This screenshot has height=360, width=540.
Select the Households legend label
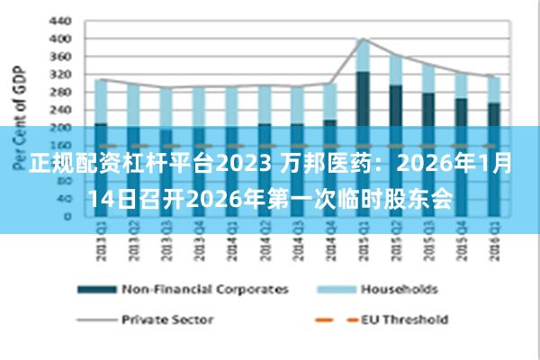[x=399, y=290]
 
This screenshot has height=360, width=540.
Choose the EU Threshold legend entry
[x=404, y=319]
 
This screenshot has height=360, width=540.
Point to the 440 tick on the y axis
[x=59, y=21]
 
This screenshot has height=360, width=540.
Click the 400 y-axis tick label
[x=59, y=39]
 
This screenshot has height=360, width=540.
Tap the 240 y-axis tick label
[x=59, y=109]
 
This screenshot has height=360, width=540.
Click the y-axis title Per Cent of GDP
[x=18, y=117]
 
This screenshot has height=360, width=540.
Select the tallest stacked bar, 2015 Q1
[x=363, y=90]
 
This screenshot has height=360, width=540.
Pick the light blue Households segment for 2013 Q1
[x=101, y=101]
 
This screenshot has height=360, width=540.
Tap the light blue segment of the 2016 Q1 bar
[x=493, y=89]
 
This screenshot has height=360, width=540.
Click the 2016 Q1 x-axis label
[x=493, y=244]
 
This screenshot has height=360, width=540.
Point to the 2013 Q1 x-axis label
[x=101, y=244]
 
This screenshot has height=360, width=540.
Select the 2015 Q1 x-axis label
[x=363, y=244]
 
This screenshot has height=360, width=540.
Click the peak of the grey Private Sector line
[x=363, y=39]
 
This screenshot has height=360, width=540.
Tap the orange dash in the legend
[x=336, y=319]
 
